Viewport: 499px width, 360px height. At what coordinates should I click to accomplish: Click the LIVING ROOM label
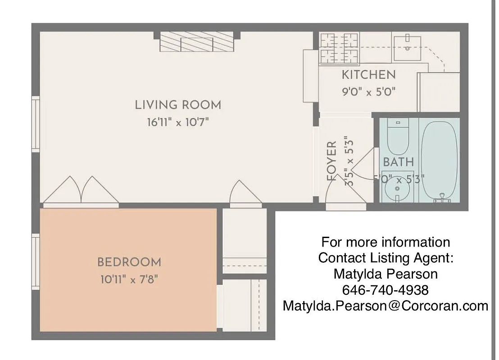(x=178, y=105)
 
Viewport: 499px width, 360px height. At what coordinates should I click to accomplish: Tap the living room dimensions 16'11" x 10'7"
(x=178, y=122)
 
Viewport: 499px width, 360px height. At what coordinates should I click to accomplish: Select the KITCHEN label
(x=368, y=75)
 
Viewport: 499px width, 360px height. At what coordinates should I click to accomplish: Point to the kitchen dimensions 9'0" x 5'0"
(x=368, y=92)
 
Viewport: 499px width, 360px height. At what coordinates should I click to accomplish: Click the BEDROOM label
(x=129, y=262)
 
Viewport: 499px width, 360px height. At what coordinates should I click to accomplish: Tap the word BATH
(x=398, y=162)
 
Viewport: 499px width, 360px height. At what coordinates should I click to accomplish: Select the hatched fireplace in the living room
(x=196, y=42)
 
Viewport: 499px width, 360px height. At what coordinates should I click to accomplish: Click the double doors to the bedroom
(x=81, y=191)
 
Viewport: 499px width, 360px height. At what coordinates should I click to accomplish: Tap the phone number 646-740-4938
(x=385, y=289)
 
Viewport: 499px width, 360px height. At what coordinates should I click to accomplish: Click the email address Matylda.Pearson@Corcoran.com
(x=385, y=306)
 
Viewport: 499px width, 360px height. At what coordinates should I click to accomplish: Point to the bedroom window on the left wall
(x=35, y=261)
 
